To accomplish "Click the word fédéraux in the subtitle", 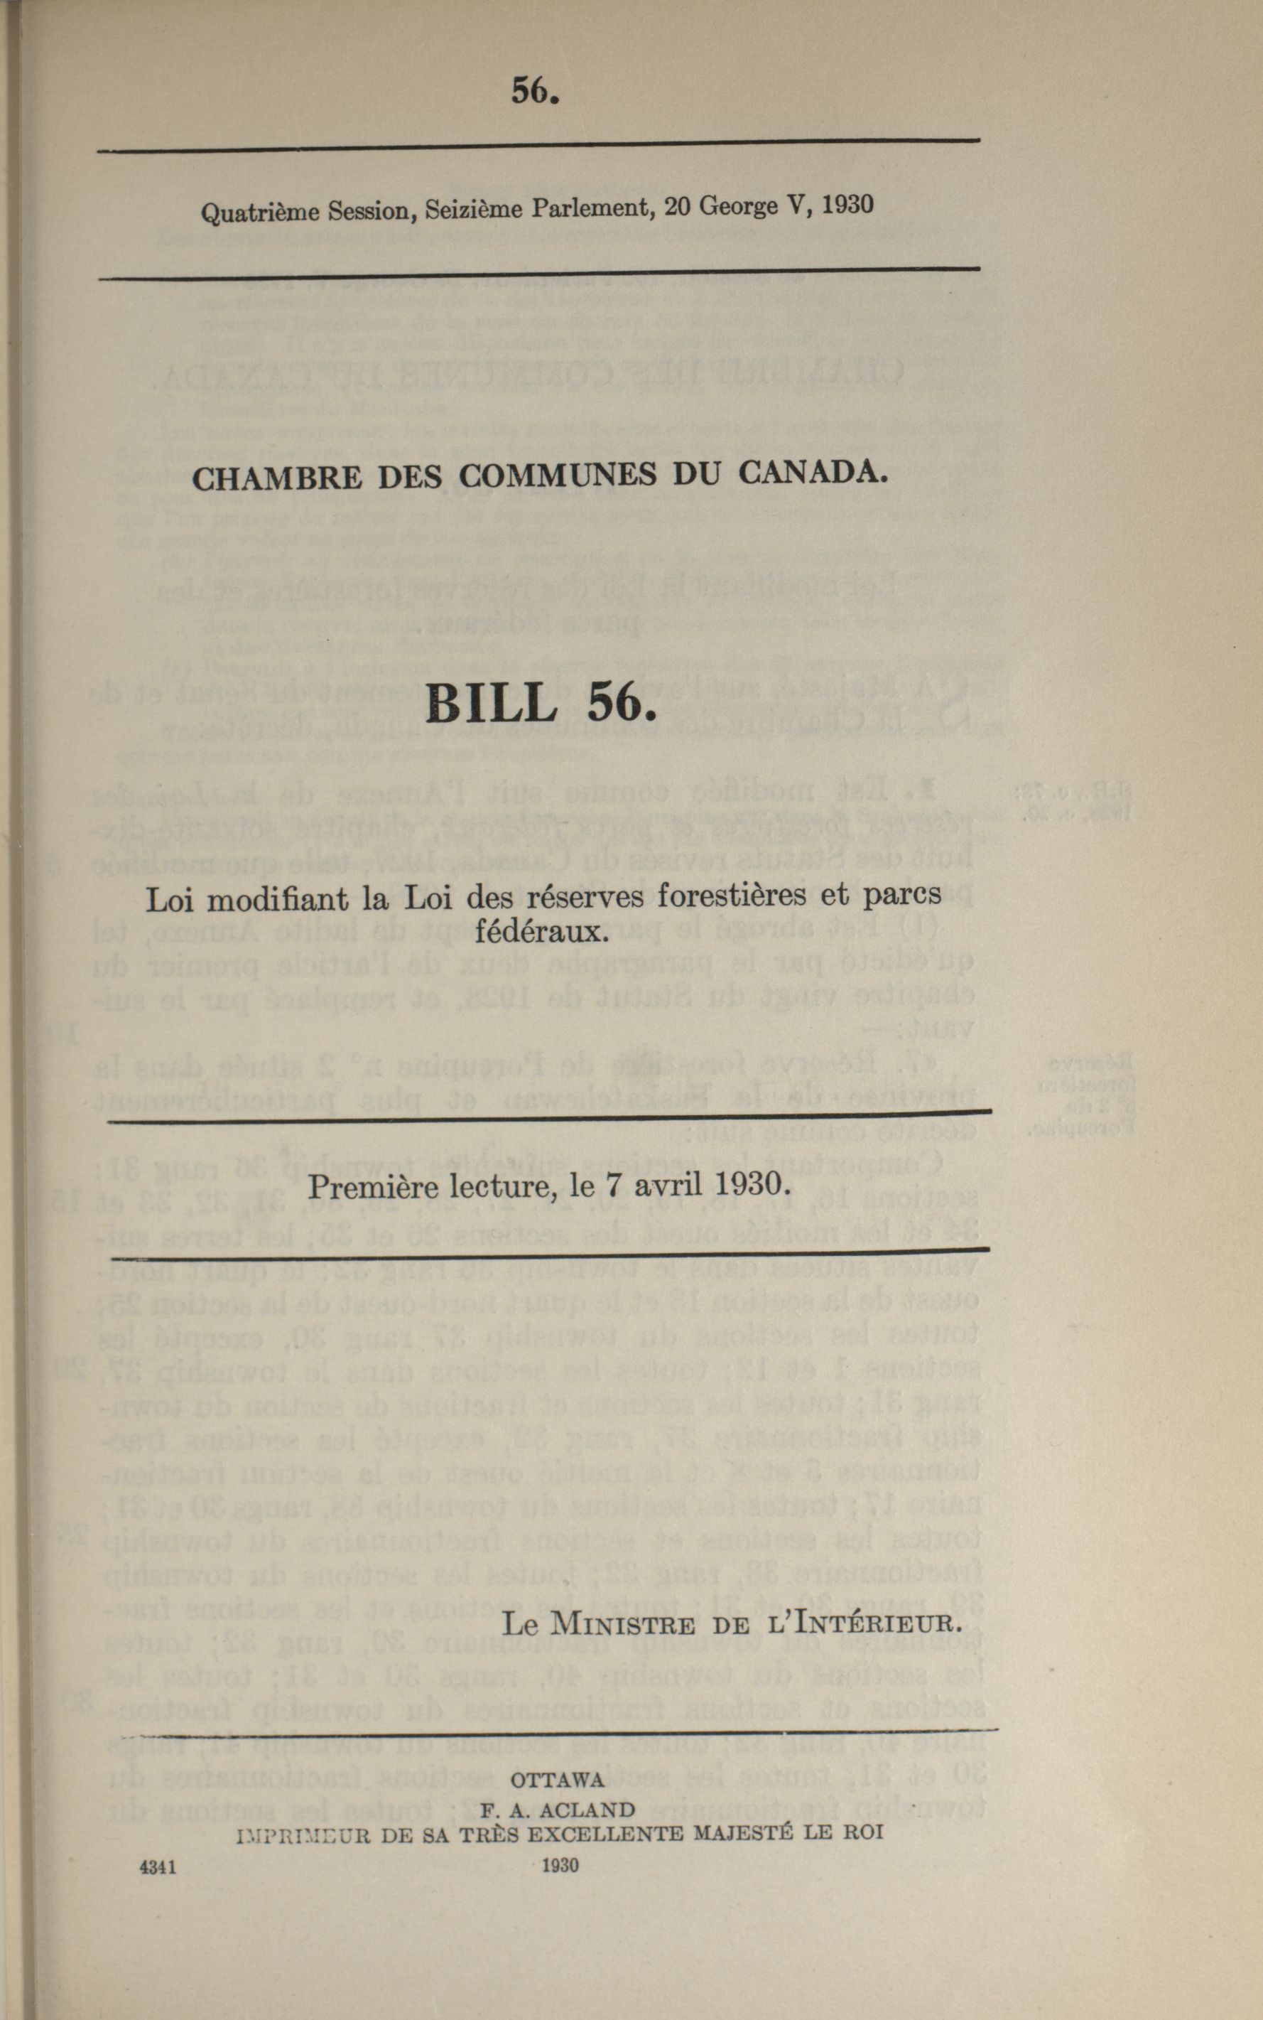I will point(540,931).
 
